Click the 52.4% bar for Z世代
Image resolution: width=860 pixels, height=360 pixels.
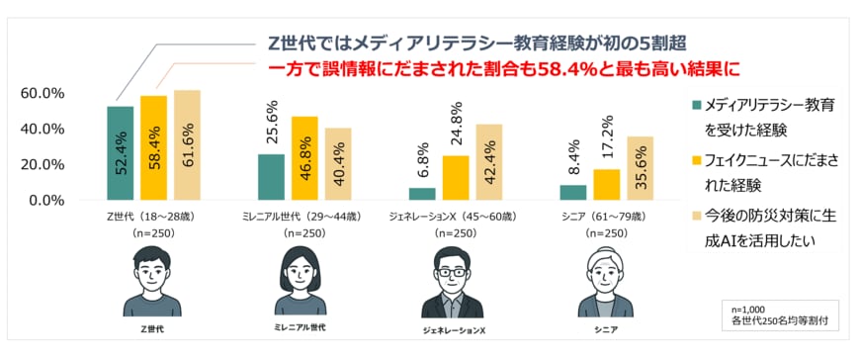[x=120, y=153]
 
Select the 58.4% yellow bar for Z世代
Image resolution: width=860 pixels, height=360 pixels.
[x=153, y=148]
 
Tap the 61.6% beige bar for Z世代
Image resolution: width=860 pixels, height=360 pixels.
[x=187, y=145]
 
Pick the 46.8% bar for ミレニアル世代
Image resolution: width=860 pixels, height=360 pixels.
[x=304, y=158]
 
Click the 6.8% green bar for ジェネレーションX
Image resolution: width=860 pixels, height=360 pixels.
[x=422, y=194]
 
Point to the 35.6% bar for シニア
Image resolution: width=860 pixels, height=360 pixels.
[x=641, y=168]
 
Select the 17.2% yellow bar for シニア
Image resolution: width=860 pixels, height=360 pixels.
[x=607, y=185]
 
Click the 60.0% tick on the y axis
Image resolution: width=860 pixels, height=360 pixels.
[x=43, y=93]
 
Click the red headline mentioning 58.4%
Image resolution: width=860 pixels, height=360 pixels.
[x=504, y=70]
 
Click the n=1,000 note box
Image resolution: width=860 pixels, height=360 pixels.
[x=777, y=314]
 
